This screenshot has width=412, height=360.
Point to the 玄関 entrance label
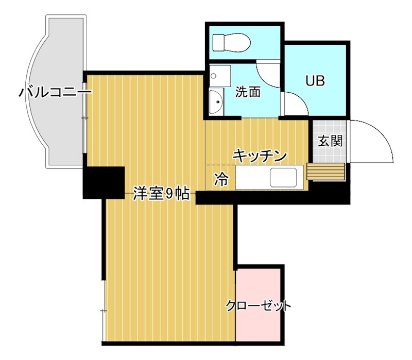click(330, 141)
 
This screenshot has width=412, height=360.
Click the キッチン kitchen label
click(260, 155)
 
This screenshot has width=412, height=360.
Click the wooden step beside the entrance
click(325, 172)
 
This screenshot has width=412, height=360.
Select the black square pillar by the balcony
click(104, 182)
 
